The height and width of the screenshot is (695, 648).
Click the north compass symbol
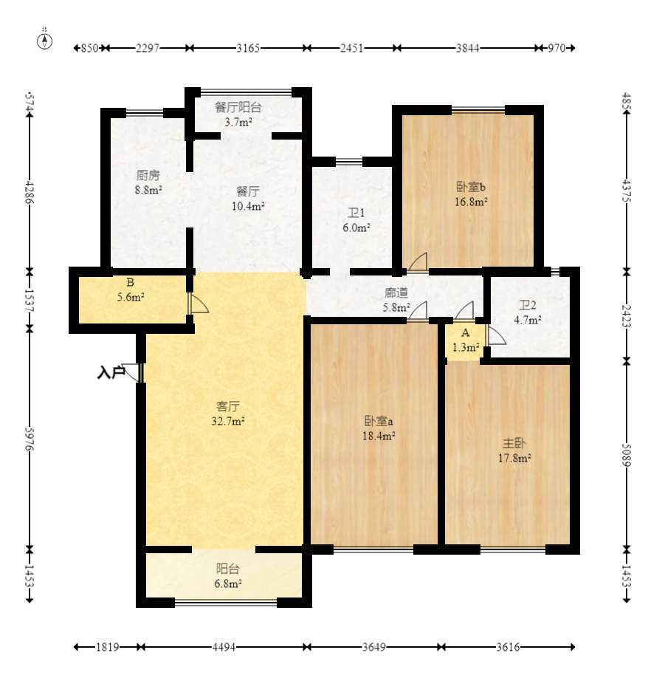click(x=44, y=41)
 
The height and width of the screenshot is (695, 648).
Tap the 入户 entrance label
click(x=110, y=372)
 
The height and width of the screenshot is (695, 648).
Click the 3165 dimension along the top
click(x=247, y=48)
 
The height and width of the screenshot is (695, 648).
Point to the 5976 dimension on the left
click(x=30, y=439)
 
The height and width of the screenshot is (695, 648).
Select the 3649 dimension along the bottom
click(x=374, y=647)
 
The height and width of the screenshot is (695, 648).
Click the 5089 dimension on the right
click(x=627, y=455)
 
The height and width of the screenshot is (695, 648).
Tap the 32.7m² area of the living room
click(x=227, y=421)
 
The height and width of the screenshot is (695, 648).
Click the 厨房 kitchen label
click(x=148, y=176)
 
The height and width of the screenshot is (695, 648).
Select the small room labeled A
click(x=465, y=340)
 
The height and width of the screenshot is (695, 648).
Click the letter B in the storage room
click(x=130, y=282)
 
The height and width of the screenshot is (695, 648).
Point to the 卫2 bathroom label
click(x=528, y=305)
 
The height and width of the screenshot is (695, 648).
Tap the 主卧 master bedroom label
click(x=514, y=443)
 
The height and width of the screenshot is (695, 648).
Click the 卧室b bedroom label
click(x=471, y=187)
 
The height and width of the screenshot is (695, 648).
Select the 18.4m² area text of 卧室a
click(x=379, y=436)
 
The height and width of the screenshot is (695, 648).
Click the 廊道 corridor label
click(x=396, y=293)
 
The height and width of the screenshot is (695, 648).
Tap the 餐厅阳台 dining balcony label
click(x=238, y=107)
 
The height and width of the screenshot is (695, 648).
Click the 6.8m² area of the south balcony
click(x=227, y=583)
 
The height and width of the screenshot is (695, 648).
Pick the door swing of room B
click(x=199, y=303)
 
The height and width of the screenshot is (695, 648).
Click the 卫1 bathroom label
click(x=356, y=213)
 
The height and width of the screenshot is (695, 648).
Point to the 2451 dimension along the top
click(x=352, y=48)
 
